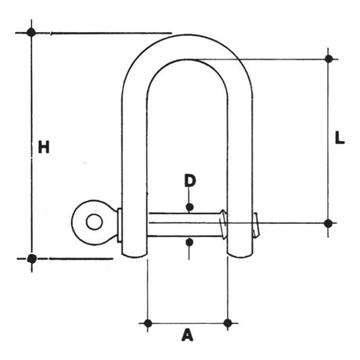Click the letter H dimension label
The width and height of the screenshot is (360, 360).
(44, 147)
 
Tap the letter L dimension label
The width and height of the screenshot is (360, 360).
(340, 138)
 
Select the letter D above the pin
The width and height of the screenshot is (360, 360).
(190, 181)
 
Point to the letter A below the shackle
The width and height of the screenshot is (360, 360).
(187, 335)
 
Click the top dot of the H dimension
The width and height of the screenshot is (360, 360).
(31, 32)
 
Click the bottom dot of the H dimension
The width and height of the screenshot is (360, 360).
(31, 259)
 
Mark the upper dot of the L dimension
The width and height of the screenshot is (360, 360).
(329, 59)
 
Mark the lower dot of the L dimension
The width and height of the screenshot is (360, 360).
(328, 223)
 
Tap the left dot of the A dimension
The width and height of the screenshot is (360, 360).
(148, 323)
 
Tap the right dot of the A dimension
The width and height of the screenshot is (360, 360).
(228, 323)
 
